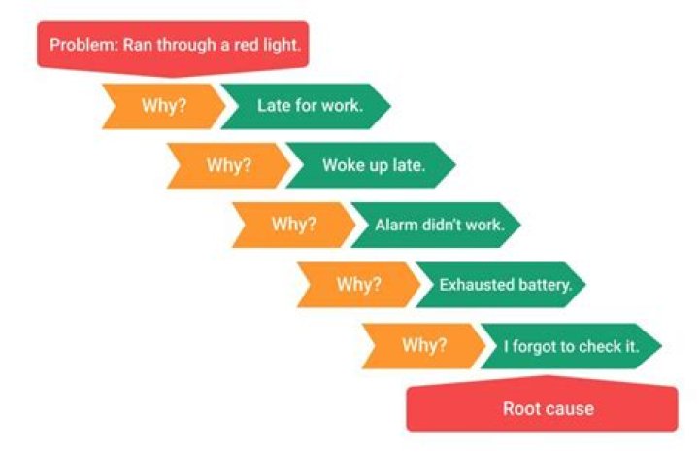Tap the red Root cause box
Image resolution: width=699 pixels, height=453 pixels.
[x=542, y=406]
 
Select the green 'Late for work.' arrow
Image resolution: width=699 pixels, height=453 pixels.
[x=306, y=106]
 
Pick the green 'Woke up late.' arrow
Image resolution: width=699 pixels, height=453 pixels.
[x=371, y=165]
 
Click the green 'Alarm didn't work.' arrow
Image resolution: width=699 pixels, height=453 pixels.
[x=436, y=225]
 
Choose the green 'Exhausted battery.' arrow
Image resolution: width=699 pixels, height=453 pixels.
[x=501, y=285]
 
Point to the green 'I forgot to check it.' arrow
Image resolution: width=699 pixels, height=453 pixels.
[x=572, y=346]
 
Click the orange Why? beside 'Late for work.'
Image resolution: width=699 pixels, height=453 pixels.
[x=164, y=106]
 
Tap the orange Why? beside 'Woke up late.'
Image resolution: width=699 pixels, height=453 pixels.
[x=229, y=165]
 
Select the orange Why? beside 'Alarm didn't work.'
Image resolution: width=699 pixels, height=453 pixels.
[x=294, y=225]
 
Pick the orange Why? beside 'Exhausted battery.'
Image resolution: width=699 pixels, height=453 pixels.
[x=359, y=285]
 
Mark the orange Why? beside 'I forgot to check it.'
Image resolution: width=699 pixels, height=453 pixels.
[x=424, y=346]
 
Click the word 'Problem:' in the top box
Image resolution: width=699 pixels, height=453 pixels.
[x=83, y=45]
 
